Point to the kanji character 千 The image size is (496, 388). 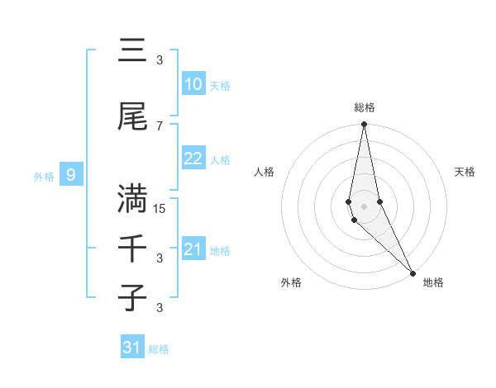coord(132,248)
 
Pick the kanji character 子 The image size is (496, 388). coord(132,297)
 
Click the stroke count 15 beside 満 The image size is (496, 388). coord(160,209)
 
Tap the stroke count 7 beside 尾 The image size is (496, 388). coord(160,125)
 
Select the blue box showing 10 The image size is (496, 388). coord(193,84)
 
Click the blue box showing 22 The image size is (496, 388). coord(193,159)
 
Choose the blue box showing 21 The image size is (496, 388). coord(193,249)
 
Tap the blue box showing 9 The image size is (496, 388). coord(71,175)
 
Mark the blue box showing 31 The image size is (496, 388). coord(132,348)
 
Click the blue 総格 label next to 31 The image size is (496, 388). coord(159,349)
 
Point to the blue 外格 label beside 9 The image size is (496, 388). coord(43,176)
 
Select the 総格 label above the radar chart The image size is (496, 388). coord(365,107)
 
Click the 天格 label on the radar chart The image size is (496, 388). coord(465,172)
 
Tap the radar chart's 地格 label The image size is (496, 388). coord(433,283)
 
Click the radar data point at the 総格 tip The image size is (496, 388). coord(365,125)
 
